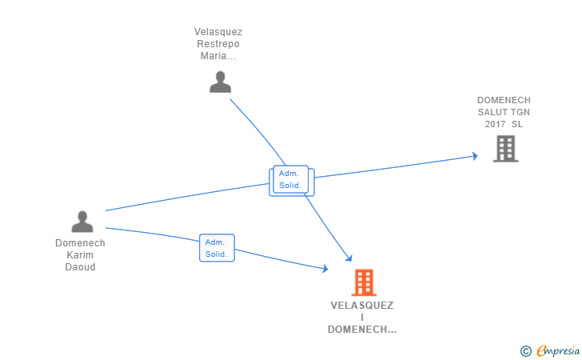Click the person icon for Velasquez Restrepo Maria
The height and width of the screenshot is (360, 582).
220,82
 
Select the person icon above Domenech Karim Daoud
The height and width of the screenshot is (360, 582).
82,222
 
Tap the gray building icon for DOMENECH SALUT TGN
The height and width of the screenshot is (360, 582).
505,149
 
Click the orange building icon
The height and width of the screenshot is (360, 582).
363,282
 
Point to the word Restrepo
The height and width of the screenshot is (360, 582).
217,44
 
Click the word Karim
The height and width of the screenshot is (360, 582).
80,255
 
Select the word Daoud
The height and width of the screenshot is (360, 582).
80,267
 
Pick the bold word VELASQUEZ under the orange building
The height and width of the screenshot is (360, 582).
362,306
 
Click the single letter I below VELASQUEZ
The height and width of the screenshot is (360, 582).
362,318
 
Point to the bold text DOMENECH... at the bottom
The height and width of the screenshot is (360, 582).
362,330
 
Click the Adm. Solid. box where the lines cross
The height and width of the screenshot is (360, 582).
291,181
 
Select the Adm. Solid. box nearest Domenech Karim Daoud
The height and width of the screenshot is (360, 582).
216,248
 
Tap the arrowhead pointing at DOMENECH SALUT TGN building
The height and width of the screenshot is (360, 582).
474,156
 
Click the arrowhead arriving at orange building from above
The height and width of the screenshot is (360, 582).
349,258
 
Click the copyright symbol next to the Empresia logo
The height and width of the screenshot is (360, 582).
525,350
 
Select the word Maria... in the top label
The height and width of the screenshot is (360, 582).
219,56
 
